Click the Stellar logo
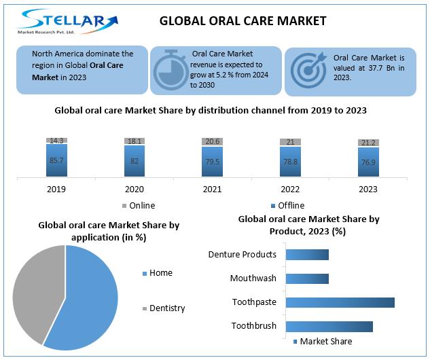click(67, 21)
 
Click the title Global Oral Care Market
click(243, 21)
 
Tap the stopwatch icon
click(171, 70)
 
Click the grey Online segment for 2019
click(56, 141)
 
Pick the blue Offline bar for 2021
click(212, 162)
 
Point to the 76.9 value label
click(368, 162)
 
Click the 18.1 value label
click(135, 141)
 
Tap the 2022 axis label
click(290, 190)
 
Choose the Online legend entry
click(139, 206)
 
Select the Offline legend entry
click(287, 206)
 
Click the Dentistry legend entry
click(164, 308)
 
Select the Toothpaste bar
click(340, 302)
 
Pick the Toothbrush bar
click(329, 327)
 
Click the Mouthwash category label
click(253, 278)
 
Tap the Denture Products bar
click(307, 255)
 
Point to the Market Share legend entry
click(323, 342)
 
